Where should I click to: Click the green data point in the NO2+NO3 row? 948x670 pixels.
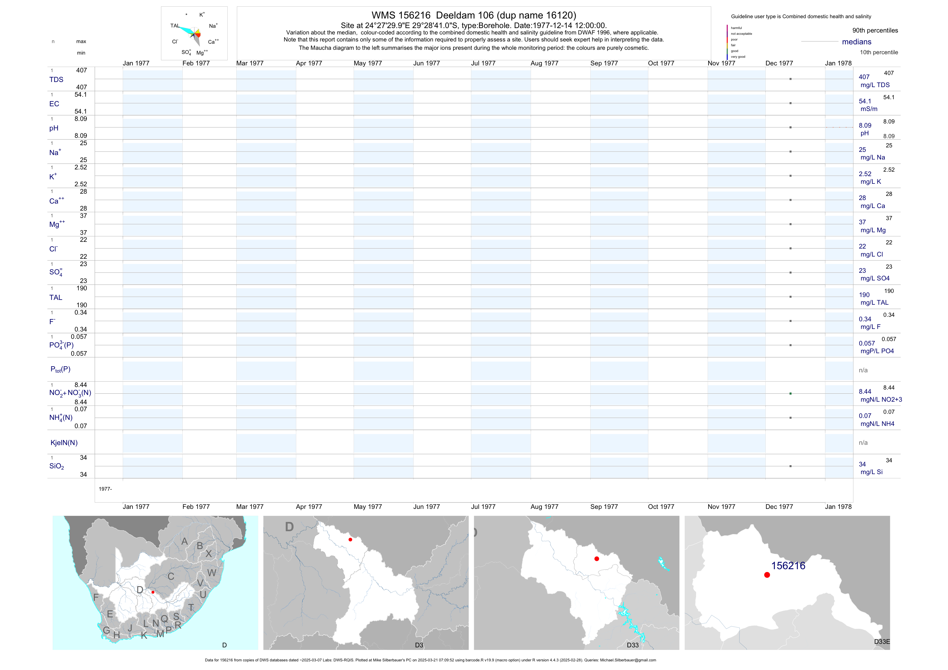coord(790,394)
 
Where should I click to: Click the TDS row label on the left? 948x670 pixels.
coord(56,80)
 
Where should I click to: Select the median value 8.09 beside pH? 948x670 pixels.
coord(865,125)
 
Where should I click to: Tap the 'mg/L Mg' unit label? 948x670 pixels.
coord(873,230)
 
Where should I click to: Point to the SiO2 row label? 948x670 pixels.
coord(57,466)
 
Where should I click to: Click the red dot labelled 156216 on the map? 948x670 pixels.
coord(767,575)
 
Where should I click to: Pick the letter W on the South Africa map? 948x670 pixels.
coord(212,573)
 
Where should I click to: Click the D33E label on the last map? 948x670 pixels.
coord(882,642)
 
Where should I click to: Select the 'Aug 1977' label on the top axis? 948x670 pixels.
coord(544,63)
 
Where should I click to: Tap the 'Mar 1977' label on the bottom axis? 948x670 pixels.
coord(250,507)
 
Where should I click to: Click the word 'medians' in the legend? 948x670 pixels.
coord(857,42)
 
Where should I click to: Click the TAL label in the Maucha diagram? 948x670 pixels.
coord(175,26)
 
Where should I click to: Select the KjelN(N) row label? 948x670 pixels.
coord(64,443)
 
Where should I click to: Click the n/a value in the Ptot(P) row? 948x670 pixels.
coord(863,370)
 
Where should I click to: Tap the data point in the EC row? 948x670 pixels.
coord(790,103)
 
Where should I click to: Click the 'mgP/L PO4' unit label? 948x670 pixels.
coord(877,351)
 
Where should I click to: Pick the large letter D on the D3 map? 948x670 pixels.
coord(289,527)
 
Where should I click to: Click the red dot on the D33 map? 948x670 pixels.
coord(597,559)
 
